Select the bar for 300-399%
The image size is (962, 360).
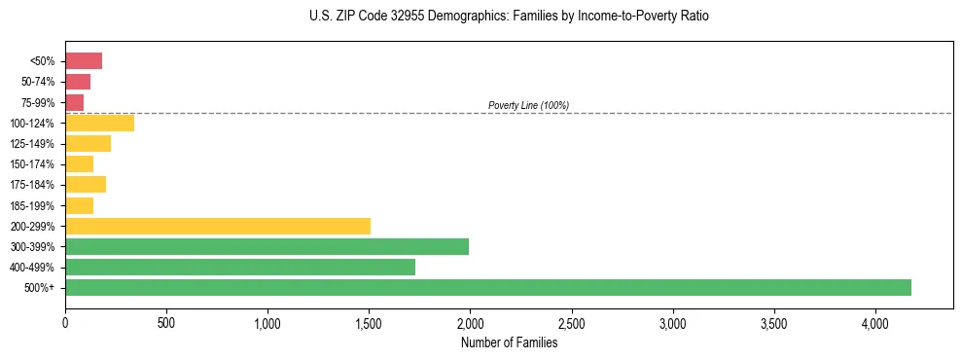pos(267,246)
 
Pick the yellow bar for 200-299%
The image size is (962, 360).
pos(218,226)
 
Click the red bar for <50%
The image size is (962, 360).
pos(84,61)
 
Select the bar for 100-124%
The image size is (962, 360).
pos(99,123)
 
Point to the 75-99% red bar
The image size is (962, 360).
pos(74,102)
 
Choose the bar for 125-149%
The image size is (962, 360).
pos(88,143)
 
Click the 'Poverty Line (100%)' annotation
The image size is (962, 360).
pos(528,105)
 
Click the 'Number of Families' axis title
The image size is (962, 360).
pos(509,342)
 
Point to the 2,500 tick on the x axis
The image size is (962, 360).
pos(572,323)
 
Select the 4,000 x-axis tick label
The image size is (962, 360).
pos(875,323)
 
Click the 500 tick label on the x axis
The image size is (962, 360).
pos(166,323)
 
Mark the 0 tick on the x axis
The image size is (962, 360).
pos(65,323)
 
